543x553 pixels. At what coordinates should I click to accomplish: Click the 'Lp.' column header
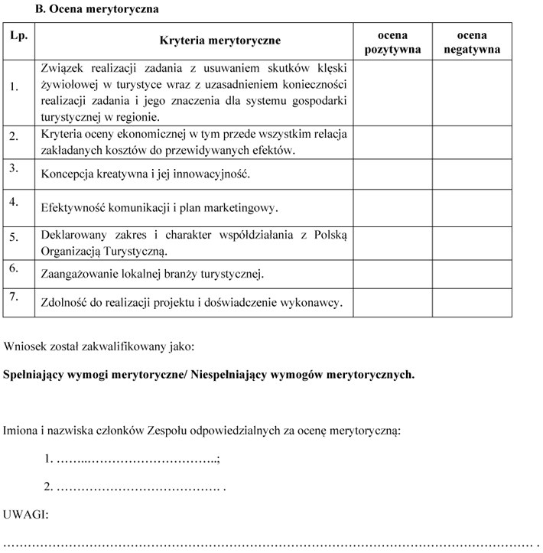18,35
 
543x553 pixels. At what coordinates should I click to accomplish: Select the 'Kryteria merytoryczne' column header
219,41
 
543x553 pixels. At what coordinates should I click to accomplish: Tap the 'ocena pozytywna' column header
392,42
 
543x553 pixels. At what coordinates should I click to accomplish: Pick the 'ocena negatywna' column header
472,42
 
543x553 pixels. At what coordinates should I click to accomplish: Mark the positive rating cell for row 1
392,93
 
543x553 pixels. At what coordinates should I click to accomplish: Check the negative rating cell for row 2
472,142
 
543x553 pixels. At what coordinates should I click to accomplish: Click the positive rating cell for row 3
392,174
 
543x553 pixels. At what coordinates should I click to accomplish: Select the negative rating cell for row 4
472,207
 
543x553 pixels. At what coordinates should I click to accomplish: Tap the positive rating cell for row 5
392,242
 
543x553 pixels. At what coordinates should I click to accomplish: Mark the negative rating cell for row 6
472,274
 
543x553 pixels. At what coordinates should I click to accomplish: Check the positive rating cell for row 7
392,302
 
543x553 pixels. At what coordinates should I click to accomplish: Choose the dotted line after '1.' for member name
138,459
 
